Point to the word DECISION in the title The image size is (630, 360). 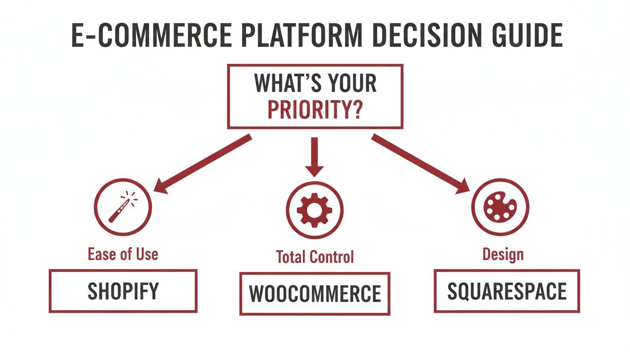408,35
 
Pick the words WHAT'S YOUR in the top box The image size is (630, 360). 315,83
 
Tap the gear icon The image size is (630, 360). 315,210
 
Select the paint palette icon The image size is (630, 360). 500,206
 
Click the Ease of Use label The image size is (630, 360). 123,254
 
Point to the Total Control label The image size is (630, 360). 315,256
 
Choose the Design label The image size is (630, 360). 502,255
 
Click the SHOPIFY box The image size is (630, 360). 123,291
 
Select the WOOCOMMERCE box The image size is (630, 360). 315,293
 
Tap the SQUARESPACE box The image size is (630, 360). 507,291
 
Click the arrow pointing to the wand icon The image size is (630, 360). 202,165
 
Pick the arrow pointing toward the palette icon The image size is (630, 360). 420,165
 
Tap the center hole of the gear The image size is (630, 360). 315,210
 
